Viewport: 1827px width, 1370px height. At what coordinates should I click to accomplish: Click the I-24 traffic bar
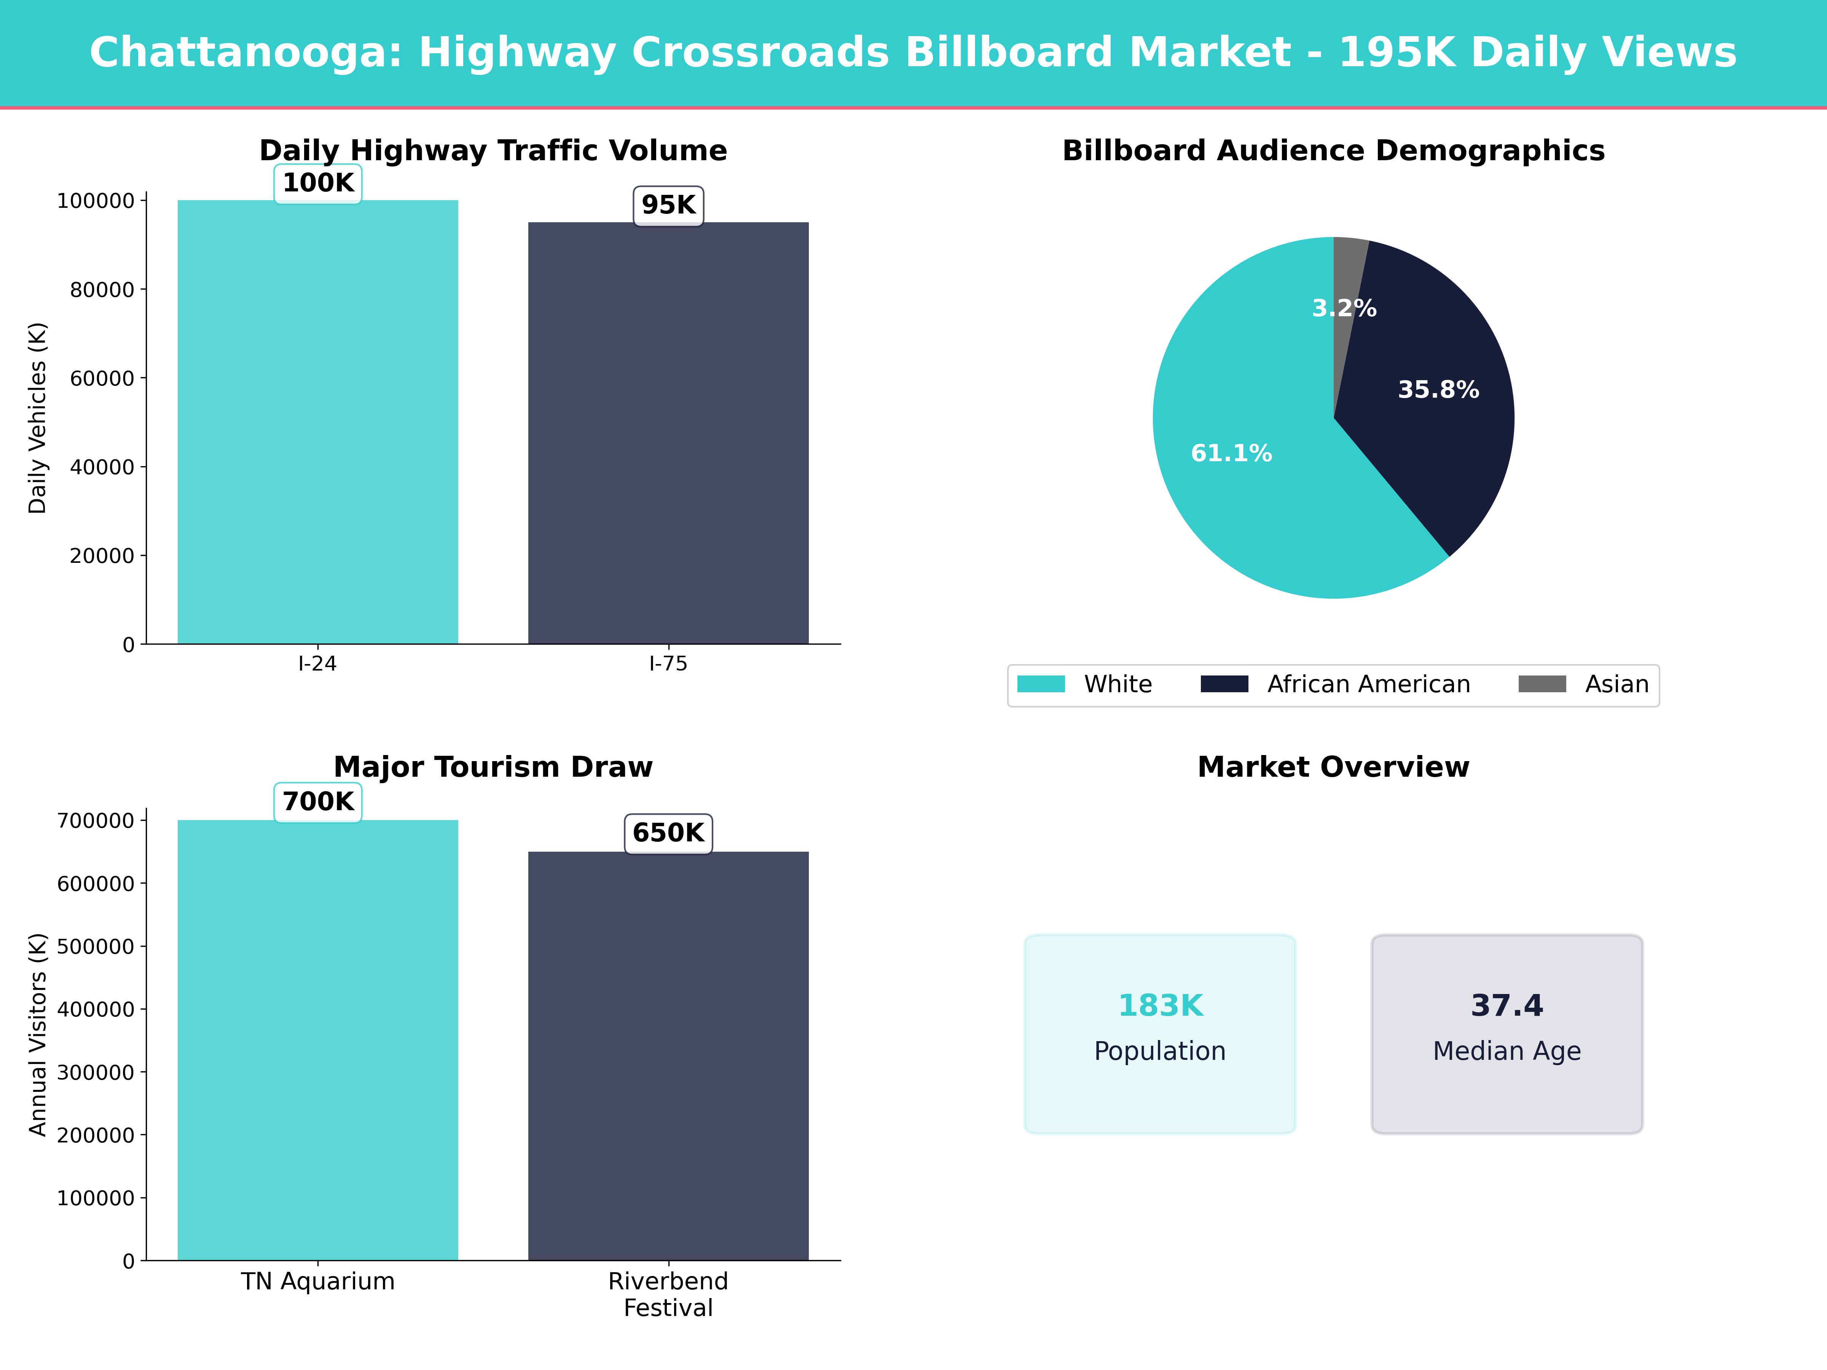click(x=318, y=421)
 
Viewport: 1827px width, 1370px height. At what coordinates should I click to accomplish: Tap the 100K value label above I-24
click(x=318, y=183)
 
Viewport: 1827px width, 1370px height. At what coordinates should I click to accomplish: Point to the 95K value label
click(x=668, y=205)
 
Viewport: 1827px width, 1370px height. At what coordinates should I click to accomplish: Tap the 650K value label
click(x=668, y=832)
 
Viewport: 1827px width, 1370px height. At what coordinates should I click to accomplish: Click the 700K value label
click(x=318, y=801)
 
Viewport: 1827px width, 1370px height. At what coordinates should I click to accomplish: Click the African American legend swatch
click(x=1224, y=684)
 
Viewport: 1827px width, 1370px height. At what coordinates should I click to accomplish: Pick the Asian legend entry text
click(x=1617, y=684)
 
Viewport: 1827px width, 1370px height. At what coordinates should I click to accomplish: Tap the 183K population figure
click(x=1160, y=1005)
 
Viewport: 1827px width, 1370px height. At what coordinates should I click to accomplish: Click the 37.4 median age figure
click(x=1507, y=1005)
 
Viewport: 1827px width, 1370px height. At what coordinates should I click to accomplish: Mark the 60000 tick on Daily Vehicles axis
click(x=102, y=378)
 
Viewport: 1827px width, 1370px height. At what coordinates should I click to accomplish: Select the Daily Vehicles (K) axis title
click(x=37, y=418)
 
